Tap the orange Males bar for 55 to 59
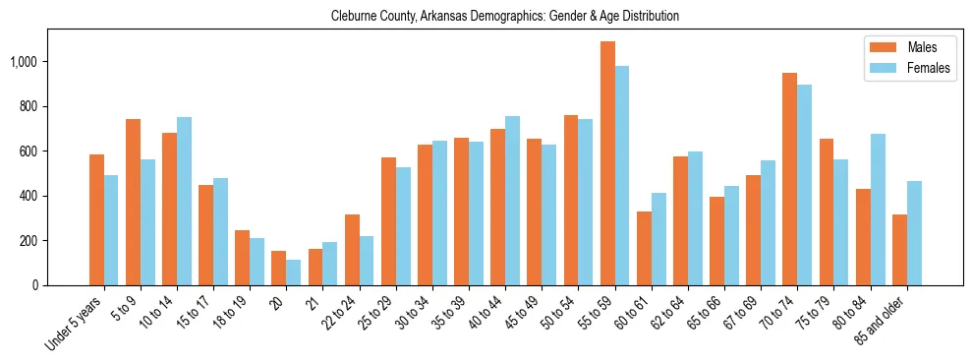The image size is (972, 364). tap(607, 163)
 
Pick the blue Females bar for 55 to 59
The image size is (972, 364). tap(622, 175)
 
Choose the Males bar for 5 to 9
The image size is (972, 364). tap(133, 202)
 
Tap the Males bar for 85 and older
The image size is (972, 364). tap(899, 250)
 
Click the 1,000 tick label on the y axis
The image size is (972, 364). tap(25, 62)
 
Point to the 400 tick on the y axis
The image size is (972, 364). tap(29, 196)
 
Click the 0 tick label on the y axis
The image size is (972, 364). tap(35, 285)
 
